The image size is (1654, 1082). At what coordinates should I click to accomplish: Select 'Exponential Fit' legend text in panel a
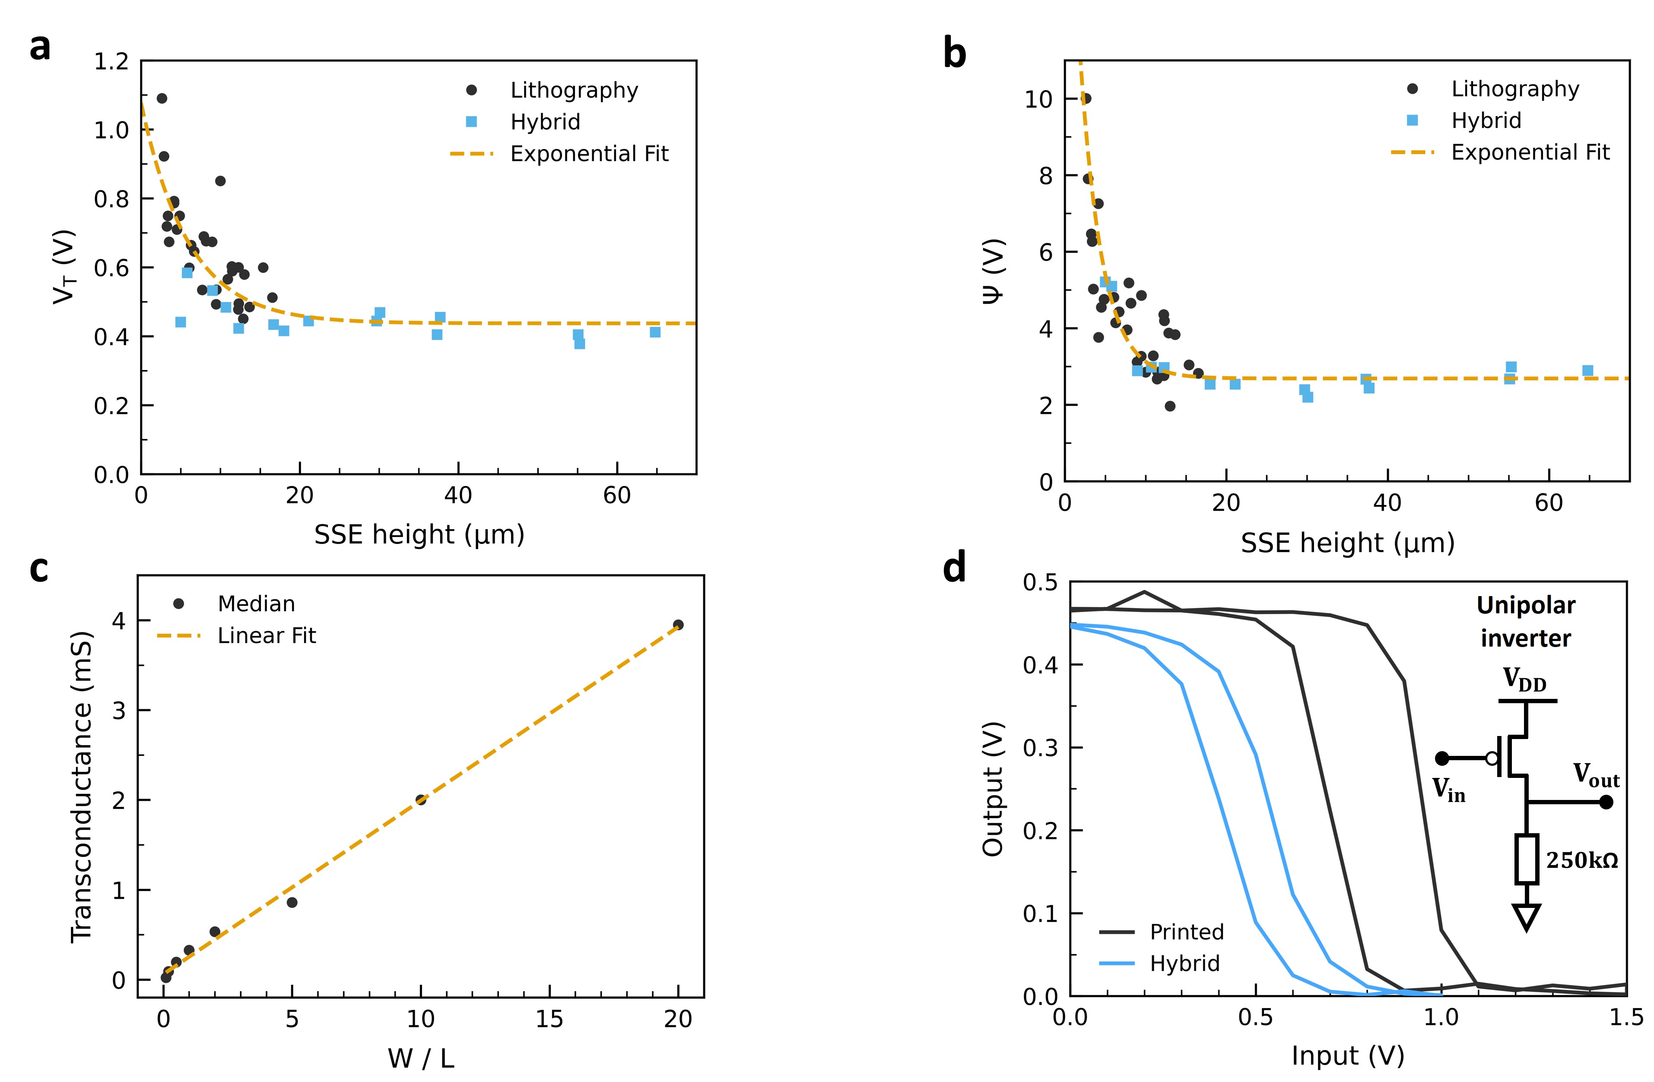(589, 154)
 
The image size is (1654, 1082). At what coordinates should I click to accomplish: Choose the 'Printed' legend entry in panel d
(1186, 932)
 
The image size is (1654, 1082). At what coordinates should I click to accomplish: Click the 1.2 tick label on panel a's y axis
(111, 62)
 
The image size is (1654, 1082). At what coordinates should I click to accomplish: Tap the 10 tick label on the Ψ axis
(1038, 99)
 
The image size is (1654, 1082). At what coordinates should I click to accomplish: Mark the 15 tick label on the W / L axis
(549, 1019)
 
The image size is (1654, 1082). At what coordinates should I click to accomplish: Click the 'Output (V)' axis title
(992, 789)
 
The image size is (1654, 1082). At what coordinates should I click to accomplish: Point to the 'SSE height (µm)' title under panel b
(1348, 543)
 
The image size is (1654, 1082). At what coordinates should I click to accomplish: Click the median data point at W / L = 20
(678, 625)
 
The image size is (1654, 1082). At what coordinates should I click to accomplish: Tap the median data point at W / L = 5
(292, 902)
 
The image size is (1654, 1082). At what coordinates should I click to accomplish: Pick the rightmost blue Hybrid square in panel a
(655, 332)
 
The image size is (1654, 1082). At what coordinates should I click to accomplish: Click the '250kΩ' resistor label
(1582, 861)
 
